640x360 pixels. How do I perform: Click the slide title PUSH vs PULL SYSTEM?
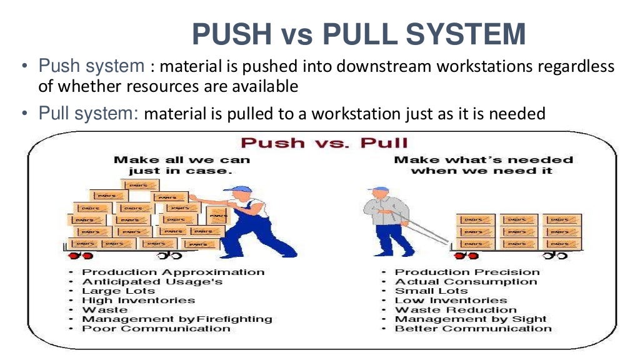pos(358,34)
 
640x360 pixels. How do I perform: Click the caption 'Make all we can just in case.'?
pos(181,166)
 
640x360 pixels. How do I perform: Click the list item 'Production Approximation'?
pos(173,272)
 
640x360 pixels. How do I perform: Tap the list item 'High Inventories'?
pos(139,301)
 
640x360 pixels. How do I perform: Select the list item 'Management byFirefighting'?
pos(177,319)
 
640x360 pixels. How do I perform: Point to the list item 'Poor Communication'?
pos(156,329)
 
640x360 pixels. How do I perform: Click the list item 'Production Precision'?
pos(467,272)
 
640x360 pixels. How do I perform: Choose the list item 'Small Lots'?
pos(431,291)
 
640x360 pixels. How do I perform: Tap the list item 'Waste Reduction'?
pos(456,310)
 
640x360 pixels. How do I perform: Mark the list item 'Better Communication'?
pos(472,329)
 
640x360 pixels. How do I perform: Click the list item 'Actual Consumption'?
pos(466,282)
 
